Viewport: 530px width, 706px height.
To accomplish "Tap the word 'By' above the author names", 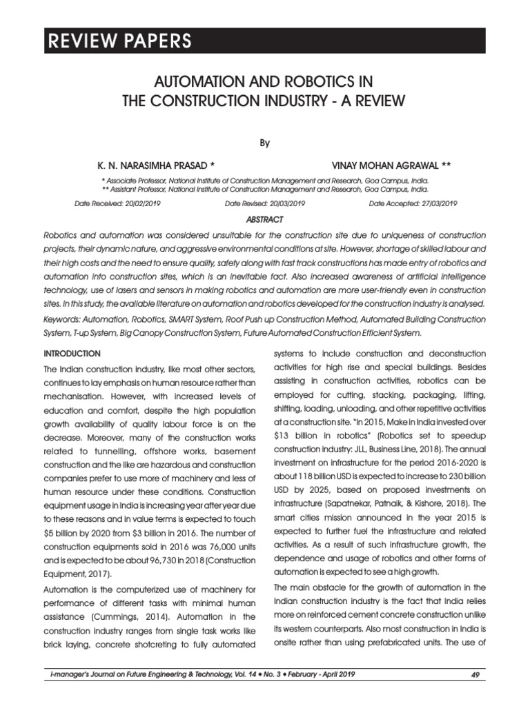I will coord(265,143).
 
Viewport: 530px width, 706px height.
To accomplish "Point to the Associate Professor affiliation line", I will coord(265,179).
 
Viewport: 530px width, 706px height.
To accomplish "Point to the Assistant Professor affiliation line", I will coord(265,188).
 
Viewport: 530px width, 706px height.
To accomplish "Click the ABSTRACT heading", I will coord(265,219).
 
